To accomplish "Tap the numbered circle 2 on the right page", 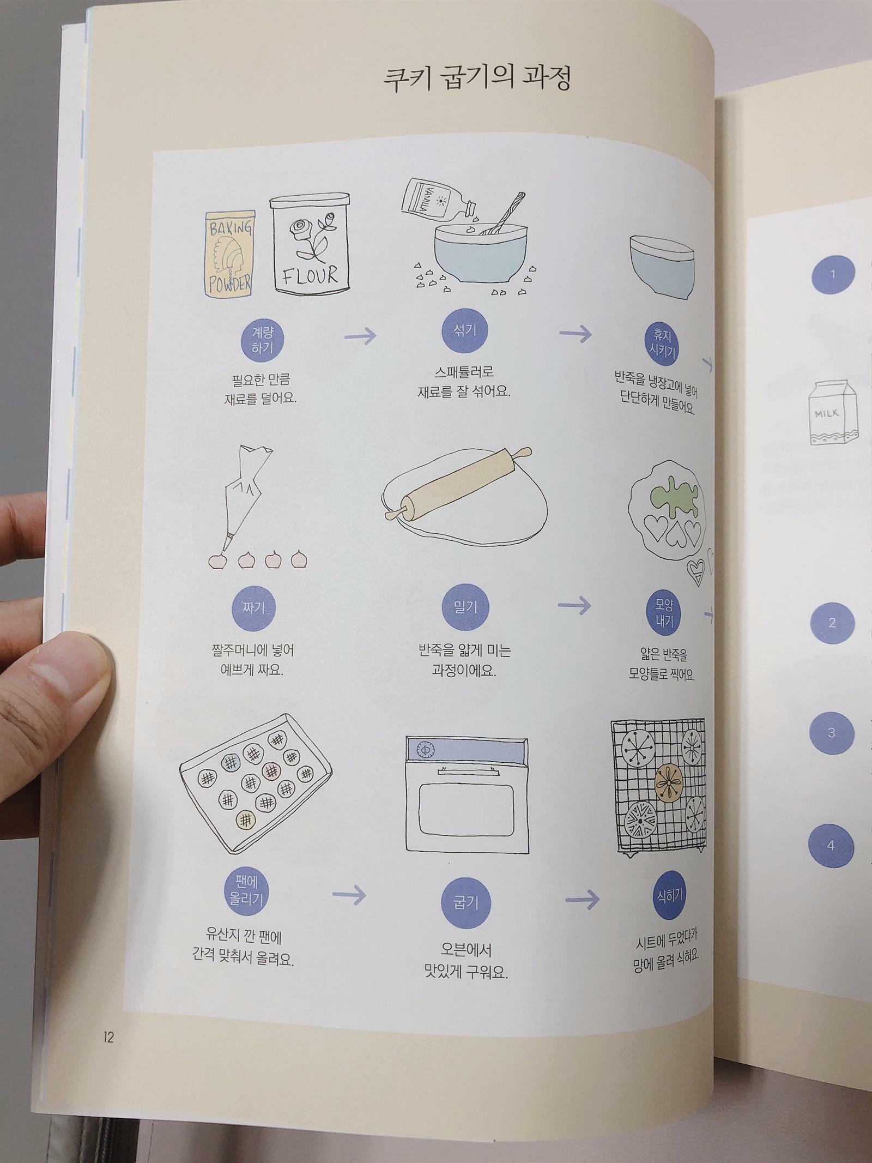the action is click(x=832, y=622).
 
